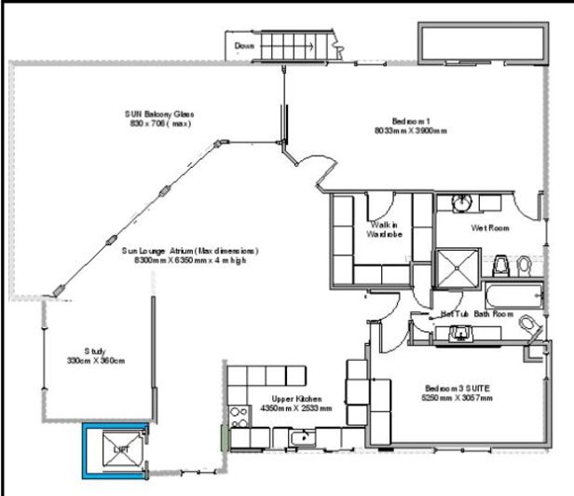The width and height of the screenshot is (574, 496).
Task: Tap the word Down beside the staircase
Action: (244, 45)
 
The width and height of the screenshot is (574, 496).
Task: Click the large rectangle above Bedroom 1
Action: (482, 42)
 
